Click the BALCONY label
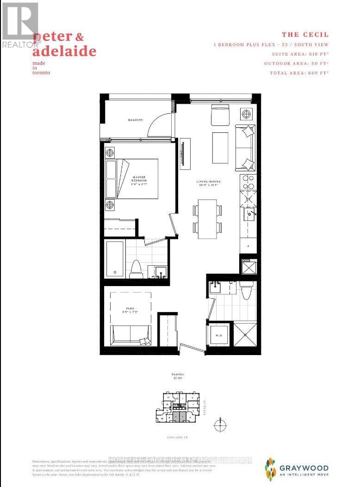tap(135, 120)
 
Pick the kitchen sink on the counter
tap(250, 214)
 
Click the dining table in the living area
tap(207, 219)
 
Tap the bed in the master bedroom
tap(137, 179)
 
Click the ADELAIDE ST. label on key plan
tap(180, 437)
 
